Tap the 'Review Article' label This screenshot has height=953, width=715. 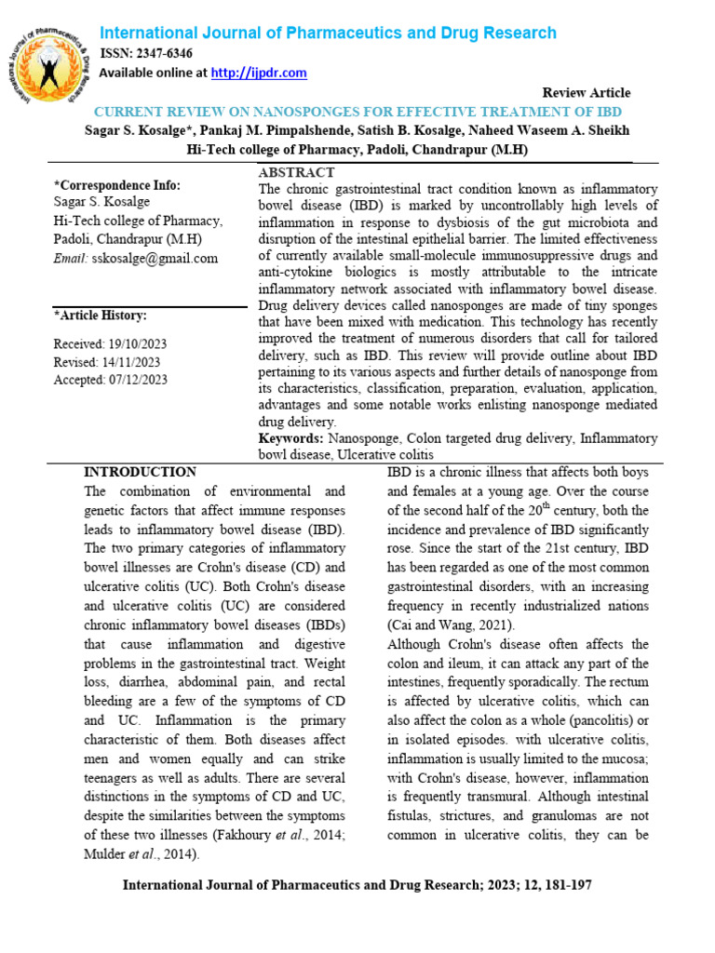coord(586,93)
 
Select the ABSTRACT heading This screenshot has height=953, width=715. coord(296,173)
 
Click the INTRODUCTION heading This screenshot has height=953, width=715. coord(140,472)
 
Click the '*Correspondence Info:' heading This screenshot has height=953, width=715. coord(116,184)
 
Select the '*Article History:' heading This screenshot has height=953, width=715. coord(100,315)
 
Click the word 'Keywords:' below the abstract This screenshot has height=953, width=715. coord(290,437)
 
